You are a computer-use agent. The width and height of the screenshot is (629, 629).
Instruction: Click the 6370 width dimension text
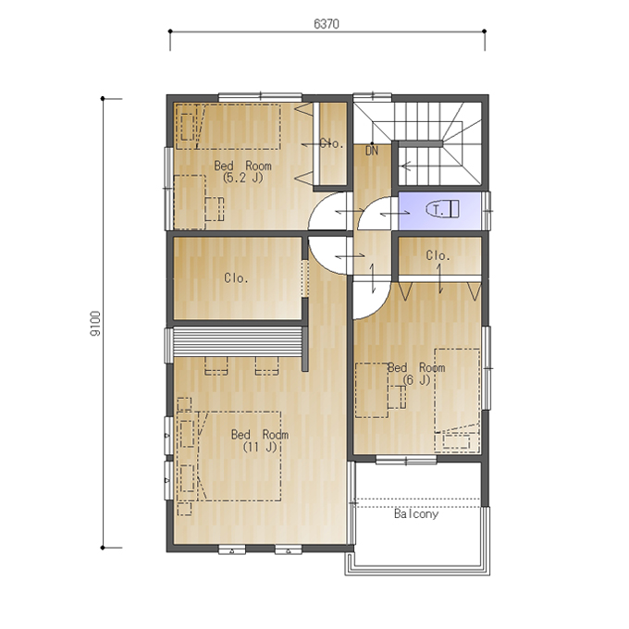(x=327, y=24)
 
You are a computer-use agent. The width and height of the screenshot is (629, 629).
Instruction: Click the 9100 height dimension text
(x=95, y=324)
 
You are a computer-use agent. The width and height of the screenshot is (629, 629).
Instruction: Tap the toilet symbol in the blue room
(x=442, y=209)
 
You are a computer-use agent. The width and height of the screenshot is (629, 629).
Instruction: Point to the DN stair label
(x=372, y=151)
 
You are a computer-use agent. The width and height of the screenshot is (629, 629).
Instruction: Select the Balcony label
(x=416, y=514)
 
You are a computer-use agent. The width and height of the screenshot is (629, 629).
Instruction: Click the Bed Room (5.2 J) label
(x=242, y=171)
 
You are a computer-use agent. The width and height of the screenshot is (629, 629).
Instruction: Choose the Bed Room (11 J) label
(x=260, y=440)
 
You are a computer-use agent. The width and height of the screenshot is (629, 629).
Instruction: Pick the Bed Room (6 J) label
(x=416, y=374)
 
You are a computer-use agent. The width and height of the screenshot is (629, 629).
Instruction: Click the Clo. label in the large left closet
(x=236, y=278)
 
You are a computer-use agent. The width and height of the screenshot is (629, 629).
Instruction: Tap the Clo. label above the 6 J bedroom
(x=438, y=255)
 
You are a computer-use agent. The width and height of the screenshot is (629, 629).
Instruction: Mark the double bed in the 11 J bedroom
(x=229, y=456)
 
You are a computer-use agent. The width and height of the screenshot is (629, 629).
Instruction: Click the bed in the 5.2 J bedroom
(x=228, y=127)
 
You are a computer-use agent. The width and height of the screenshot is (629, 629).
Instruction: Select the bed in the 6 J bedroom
(x=457, y=401)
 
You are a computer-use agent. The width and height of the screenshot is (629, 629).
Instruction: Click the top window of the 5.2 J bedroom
(x=260, y=97)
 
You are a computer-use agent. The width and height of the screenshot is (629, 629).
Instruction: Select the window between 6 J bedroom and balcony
(x=406, y=460)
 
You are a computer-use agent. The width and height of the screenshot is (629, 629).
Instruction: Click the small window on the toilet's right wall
(x=487, y=211)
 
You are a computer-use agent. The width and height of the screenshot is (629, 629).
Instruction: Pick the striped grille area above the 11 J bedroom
(x=237, y=341)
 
